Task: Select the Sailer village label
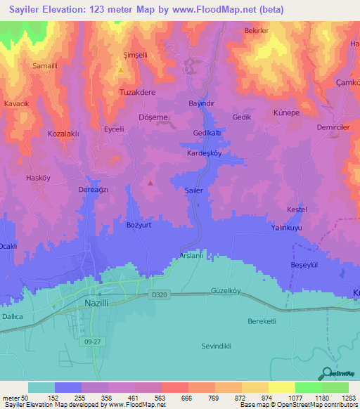[x=193, y=190]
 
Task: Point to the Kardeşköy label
[x=205, y=152]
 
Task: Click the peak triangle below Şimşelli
[x=121, y=70]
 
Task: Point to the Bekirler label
[x=257, y=32]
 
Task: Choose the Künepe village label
[x=286, y=112]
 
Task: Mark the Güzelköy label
[x=226, y=291]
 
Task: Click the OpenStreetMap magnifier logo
[x=326, y=374]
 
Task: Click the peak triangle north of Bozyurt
[x=150, y=183]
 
